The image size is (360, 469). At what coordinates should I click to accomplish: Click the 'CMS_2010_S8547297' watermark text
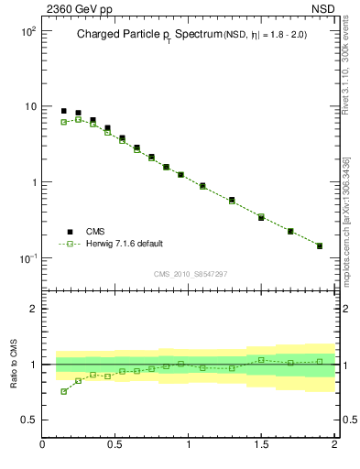point(191,274)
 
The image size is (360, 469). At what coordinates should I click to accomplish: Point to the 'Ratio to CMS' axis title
point(15,364)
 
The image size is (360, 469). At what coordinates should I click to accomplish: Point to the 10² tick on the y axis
point(27,31)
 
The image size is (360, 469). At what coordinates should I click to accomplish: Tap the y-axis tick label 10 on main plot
point(30,106)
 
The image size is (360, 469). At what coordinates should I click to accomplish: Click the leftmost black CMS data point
point(64,111)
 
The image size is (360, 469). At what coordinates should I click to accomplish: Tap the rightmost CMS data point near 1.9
point(320,245)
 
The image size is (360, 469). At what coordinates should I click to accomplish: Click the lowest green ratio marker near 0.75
point(64,391)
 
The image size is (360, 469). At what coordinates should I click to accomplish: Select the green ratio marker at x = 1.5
point(261,359)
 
